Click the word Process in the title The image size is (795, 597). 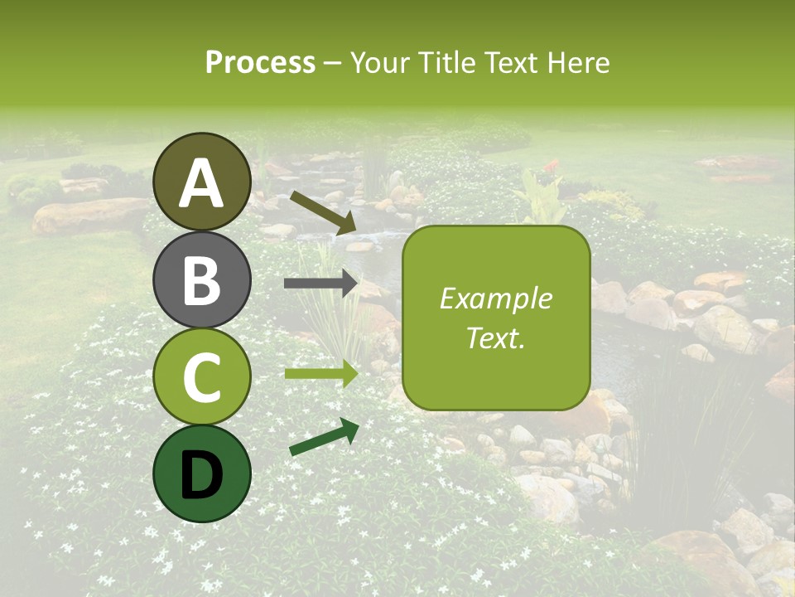pos(260,62)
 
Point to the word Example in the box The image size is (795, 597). pos(495,299)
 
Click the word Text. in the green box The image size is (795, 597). pos(495,338)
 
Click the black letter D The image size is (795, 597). pos(202,475)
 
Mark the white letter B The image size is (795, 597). pos(202,280)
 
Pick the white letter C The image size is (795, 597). pos(202,377)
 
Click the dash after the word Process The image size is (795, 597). pos(333,64)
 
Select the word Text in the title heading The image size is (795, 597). pos(508,62)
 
